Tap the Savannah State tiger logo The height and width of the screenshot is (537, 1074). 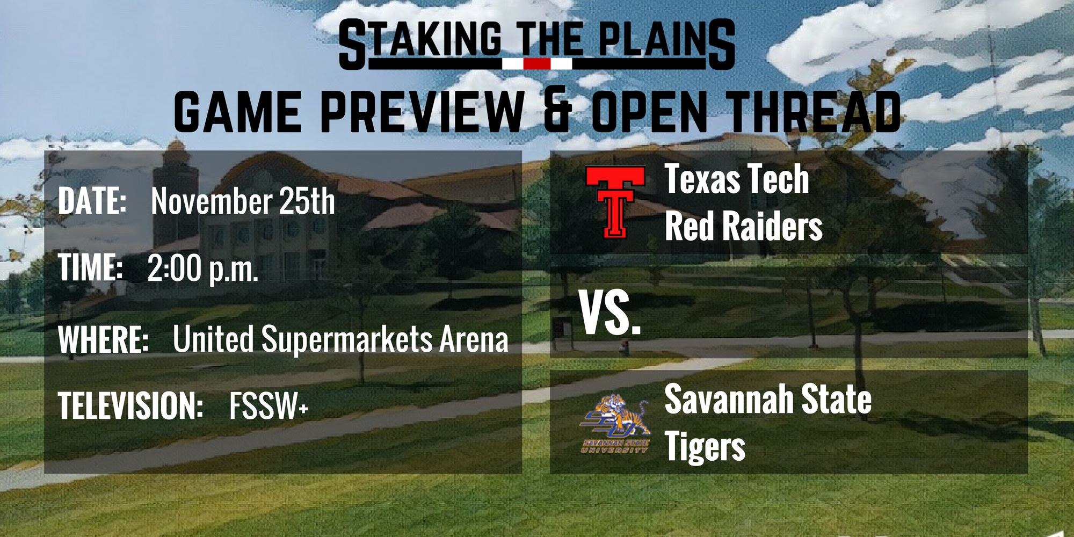[615, 424]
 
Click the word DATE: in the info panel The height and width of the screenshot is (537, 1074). [92, 201]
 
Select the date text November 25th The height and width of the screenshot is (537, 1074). [243, 201]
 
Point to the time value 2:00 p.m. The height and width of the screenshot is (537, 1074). [203, 269]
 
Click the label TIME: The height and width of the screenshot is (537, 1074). [91, 267]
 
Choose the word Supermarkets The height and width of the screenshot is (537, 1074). [347, 340]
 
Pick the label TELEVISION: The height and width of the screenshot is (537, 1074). [130, 405]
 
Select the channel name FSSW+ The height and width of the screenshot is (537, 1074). [268, 405]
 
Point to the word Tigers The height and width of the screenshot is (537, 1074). [705, 447]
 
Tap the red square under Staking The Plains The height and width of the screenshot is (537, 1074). [537, 64]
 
